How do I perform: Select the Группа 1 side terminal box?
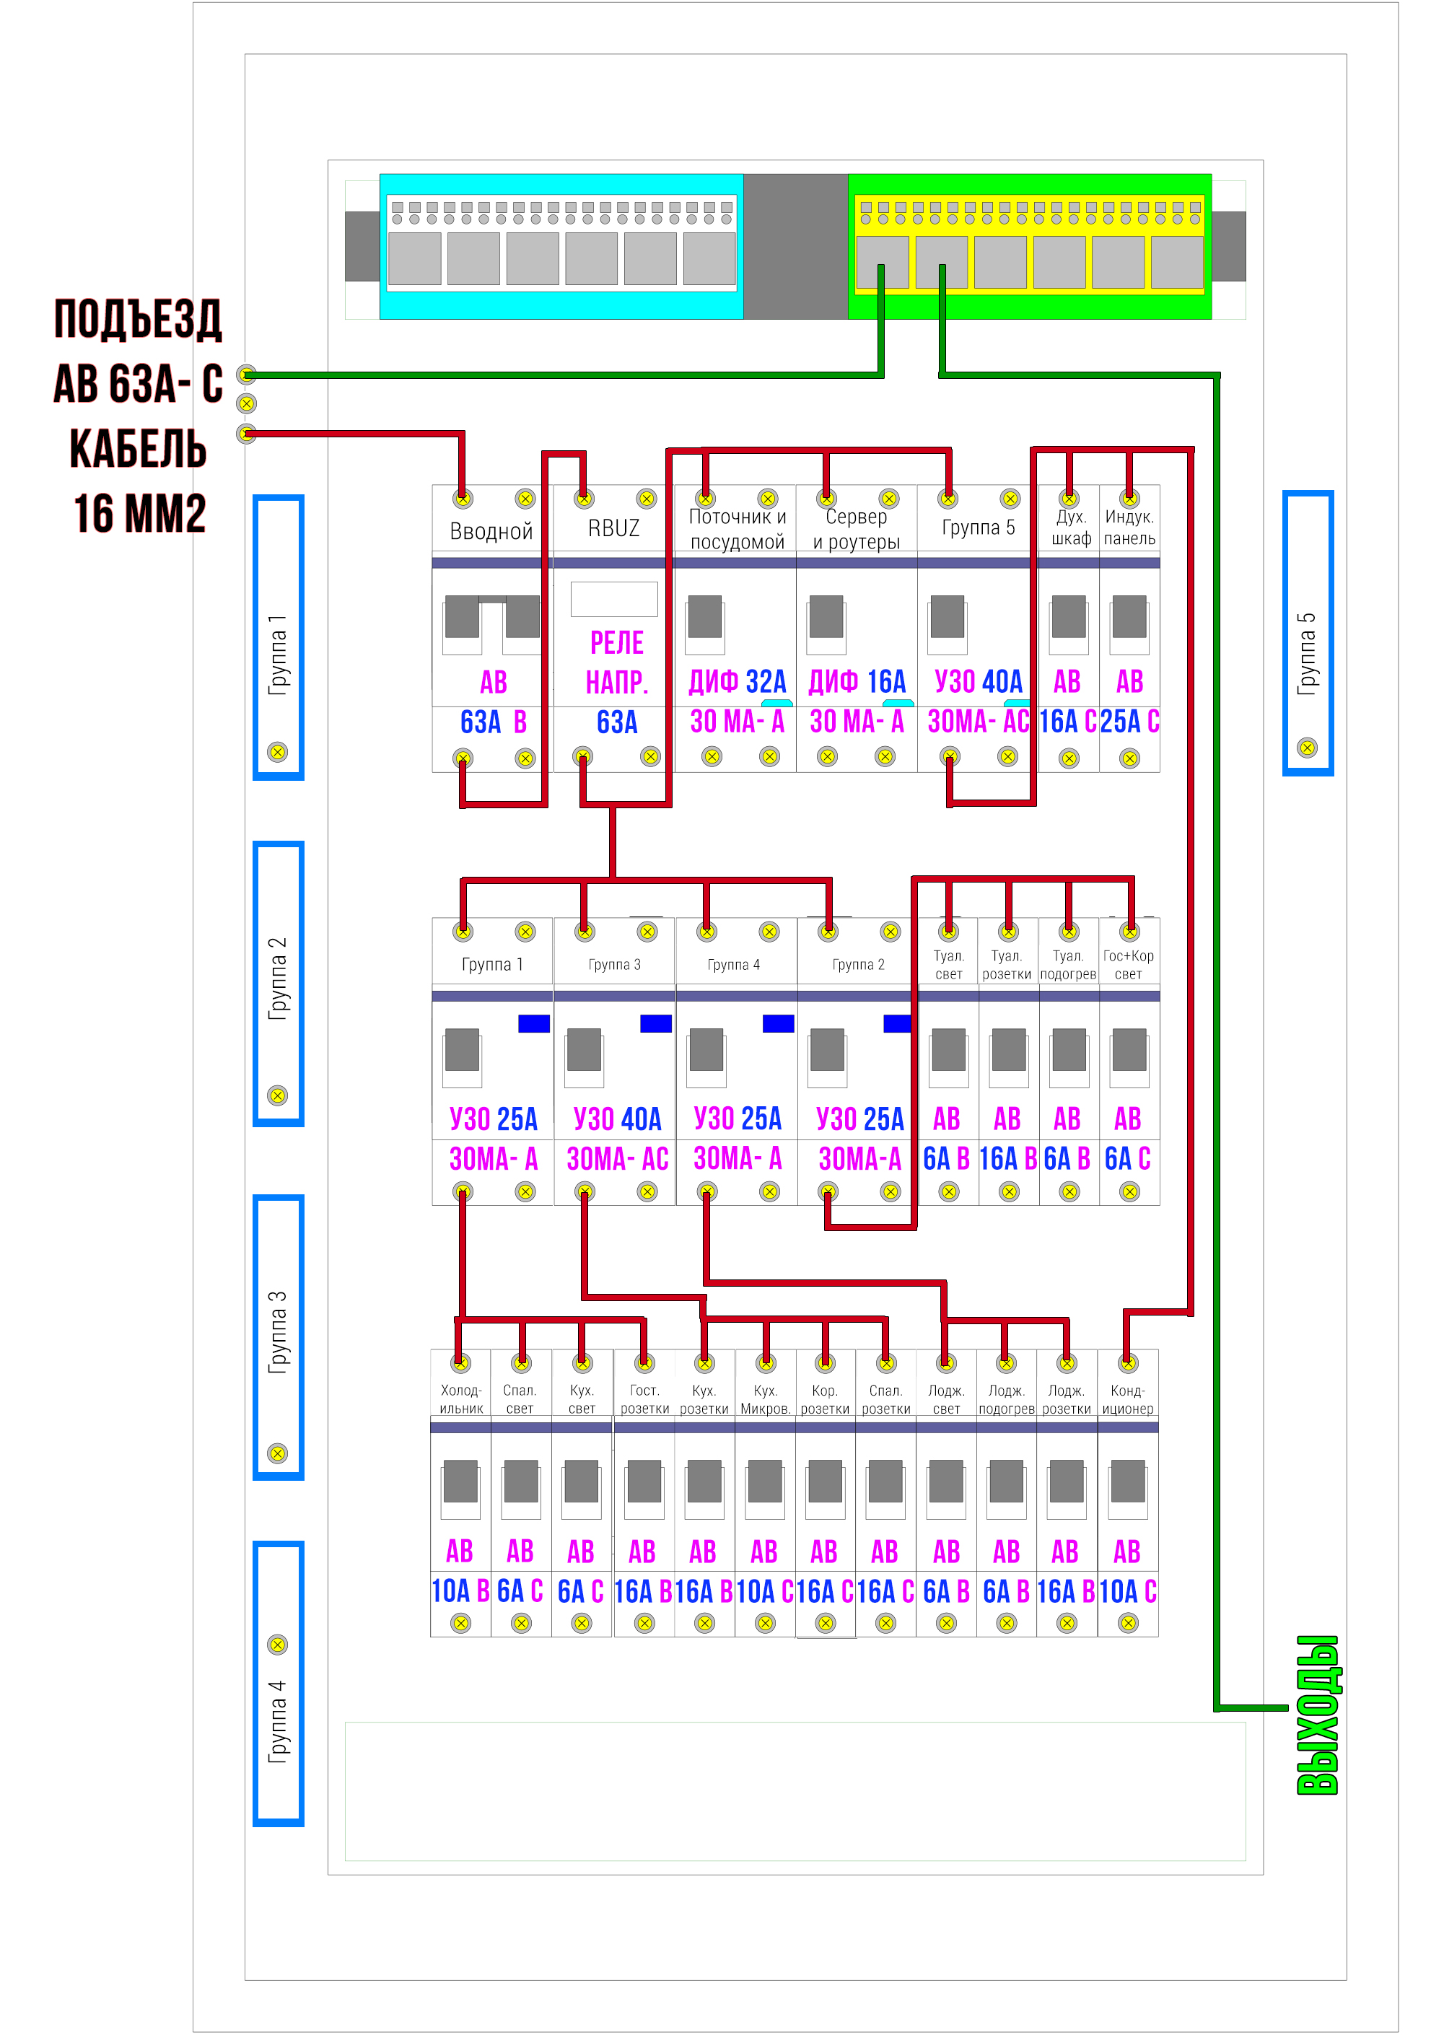pyautogui.click(x=279, y=637)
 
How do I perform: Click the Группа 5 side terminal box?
pyautogui.click(x=1307, y=633)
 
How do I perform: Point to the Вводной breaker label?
pyautogui.click(x=491, y=532)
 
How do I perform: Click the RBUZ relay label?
pyautogui.click(x=613, y=528)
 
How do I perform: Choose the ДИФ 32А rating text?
pyautogui.click(x=737, y=682)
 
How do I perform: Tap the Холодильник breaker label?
pyautogui.click(x=460, y=1399)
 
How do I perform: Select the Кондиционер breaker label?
pyautogui.click(x=1127, y=1399)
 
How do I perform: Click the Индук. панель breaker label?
pyautogui.click(x=1129, y=528)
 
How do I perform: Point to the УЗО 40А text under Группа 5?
pyautogui.click(x=978, y=682)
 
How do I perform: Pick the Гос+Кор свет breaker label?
pyautogui.click(x=1129, y=965)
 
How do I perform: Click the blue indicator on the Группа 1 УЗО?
pyautogui.click(x=533, y=1023)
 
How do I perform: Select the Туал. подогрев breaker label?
pyautogui.click(x=1068, y=965)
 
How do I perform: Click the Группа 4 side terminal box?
pyautogui.click(x=279, y=1683)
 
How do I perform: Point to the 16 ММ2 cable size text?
pyautogui.click(x=139, y=514)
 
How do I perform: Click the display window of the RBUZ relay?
pyautogui.click(x=613, y=599)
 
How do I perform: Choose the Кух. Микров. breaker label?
pyautogui.click(x=765, y=1399)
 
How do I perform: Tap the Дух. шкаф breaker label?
pyautogui.click(x=1071, y=528)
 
